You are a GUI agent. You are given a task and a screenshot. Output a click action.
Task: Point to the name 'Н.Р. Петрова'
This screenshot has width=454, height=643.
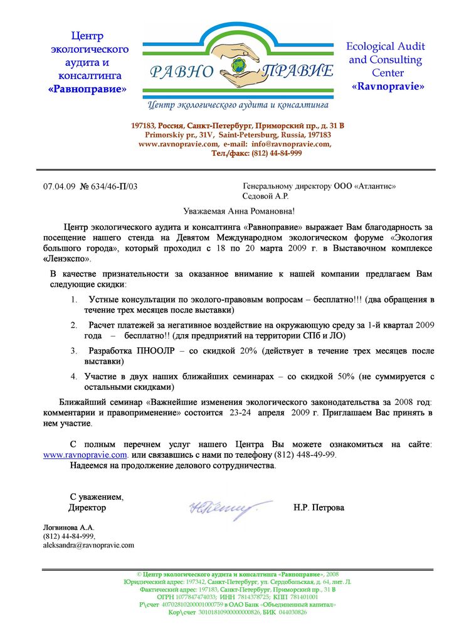tap(319, 507)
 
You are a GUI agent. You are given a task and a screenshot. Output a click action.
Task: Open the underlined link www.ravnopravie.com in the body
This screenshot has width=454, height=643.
tap(85, 454)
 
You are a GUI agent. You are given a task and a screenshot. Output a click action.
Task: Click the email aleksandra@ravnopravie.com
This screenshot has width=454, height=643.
tap(88, 545)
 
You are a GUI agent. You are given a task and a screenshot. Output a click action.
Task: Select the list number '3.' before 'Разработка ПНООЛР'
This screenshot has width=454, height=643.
tap(73, 351)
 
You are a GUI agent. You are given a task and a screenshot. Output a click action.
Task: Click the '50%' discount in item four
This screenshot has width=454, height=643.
tap(346, 376)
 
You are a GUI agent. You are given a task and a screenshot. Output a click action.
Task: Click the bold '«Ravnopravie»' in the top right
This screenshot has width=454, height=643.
tap(388, 86)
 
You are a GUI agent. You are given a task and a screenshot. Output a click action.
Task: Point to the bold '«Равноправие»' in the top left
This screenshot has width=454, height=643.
tap(87, 89)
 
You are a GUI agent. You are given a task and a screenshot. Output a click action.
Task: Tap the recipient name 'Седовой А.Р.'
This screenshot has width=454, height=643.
tap(265, 196)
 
